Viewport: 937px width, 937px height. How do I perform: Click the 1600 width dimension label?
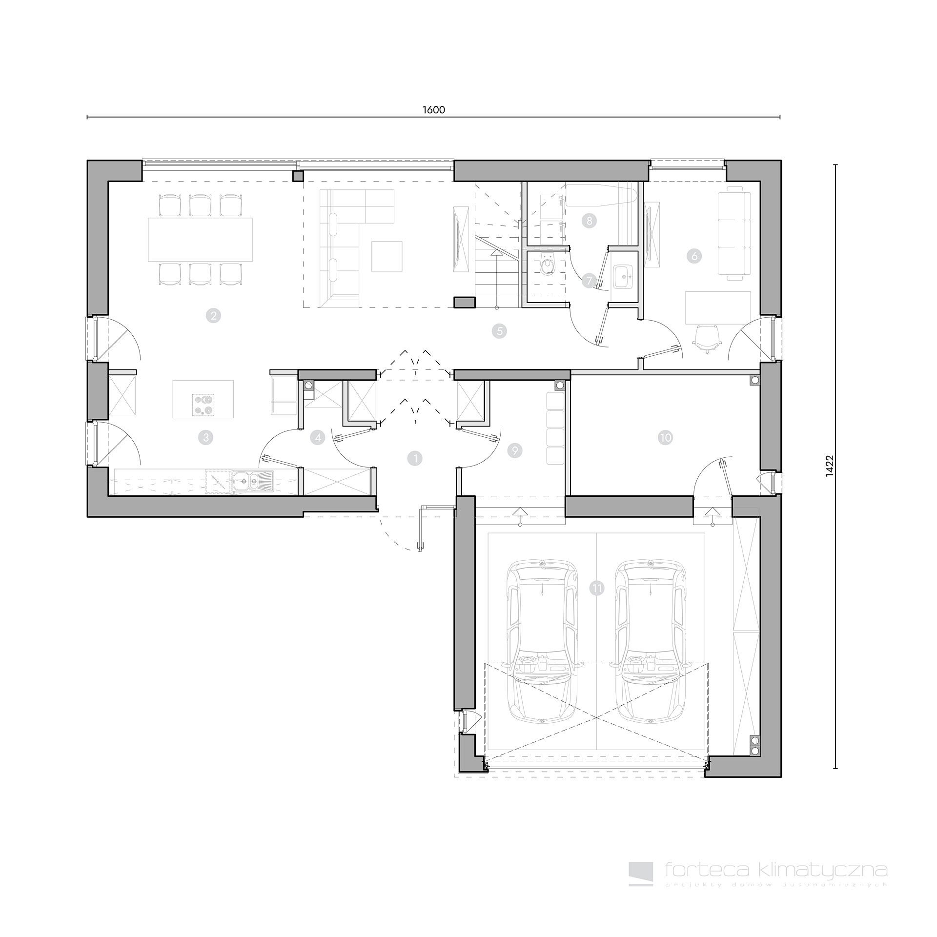[433, 110]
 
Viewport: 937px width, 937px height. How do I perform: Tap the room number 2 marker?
[213, 316]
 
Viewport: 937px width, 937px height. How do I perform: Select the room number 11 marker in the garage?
[597, 589]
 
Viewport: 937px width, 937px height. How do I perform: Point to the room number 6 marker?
[693, 256]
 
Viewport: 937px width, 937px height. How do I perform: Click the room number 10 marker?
[665, 438]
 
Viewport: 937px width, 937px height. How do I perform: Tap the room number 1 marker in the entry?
[415, 458]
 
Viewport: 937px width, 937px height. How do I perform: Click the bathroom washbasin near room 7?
[624, 278]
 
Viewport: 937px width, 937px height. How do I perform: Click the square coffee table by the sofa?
[387, 256]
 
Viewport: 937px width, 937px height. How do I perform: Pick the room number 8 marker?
[589, 221]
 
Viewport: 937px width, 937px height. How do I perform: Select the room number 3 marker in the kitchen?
[205, 437]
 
